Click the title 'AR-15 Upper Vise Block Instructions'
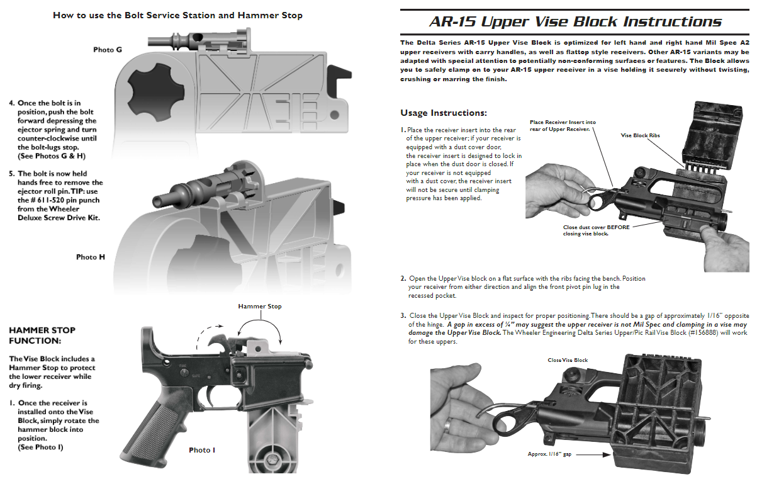(576, 21)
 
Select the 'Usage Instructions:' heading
(444, 113)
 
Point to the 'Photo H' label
(91, 257)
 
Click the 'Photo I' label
(202, 450)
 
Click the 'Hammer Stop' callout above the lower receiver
(259, 307)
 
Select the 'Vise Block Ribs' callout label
(640, 135)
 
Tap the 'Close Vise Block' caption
(568, 360)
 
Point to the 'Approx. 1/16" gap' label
(549, 453)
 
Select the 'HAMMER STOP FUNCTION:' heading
(42, 335)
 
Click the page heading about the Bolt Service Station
(177, 15)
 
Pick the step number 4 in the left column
(12, 103)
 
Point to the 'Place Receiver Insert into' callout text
(563, 122)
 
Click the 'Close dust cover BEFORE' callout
(595, 227)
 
